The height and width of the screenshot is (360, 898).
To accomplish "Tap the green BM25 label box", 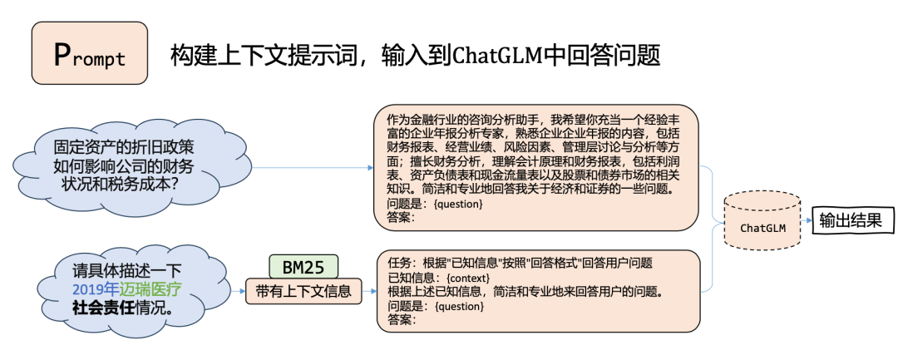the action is pyautogui.click(x=303, y=268).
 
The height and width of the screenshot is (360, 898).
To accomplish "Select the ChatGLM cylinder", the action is pyautogui.click(x=762, y=223).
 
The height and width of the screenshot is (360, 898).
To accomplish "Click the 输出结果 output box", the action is pyautogui.click(x=852, y=220).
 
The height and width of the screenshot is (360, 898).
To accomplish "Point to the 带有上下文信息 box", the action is pyautogui.click(x=303, y=291).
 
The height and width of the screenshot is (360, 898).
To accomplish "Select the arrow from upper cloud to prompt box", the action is pyautogui.click(x=312, y=167).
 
